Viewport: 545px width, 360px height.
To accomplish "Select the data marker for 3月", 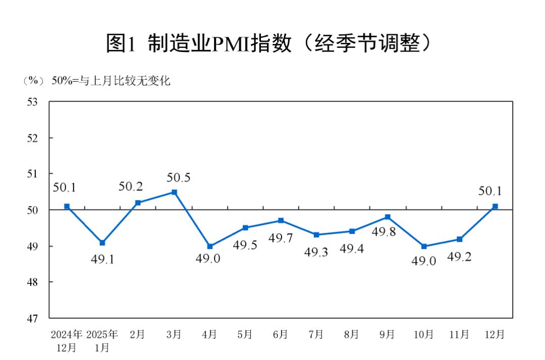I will (174, 192).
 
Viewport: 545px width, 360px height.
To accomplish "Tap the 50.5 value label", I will (179, 178).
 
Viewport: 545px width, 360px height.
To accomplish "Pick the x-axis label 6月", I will (281, 334).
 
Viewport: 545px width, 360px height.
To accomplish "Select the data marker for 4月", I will (210, 246).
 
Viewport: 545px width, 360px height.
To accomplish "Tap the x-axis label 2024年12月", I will (66, 341).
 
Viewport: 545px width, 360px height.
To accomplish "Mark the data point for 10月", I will (424, 246).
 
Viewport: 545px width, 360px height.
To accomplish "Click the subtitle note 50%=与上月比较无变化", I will (111, 81).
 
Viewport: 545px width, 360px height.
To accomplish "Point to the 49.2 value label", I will (459, 258).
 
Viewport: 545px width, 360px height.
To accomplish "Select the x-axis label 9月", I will (388, 334).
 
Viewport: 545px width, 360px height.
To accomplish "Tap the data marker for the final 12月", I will (495, 206).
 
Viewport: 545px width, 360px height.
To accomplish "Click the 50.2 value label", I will (130, 186).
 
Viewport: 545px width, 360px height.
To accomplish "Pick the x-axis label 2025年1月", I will (102, 341).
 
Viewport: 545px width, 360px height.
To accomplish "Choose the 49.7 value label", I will (281, 237).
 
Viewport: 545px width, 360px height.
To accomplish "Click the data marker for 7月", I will (316, 235).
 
